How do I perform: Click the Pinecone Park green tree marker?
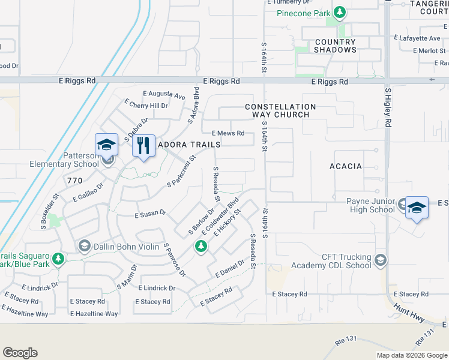(x=340, y=11)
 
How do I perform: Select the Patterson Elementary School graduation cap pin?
(x=106, y=145)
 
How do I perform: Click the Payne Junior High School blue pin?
(x=417, y=208)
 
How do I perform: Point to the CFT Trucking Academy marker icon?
(x=379, y=260)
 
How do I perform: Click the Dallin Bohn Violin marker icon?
(x=85, y=246)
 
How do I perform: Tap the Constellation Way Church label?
(x=281, y=110)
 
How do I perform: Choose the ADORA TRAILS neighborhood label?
(x=188, y=145)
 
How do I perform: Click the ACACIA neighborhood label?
(x=346, y=166)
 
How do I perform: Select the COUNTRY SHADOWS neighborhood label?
(x=336, y=46)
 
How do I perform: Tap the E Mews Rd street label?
(x=228, y=133)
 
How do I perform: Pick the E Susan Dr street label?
(x=150, y=213)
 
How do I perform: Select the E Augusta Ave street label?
(x=164, y=95)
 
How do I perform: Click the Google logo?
(x=20, y=353)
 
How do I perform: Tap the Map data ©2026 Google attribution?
(x=411, y=355)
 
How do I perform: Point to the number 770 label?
(x=74, y=180)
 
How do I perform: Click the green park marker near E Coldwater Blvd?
(x=200, y=246)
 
